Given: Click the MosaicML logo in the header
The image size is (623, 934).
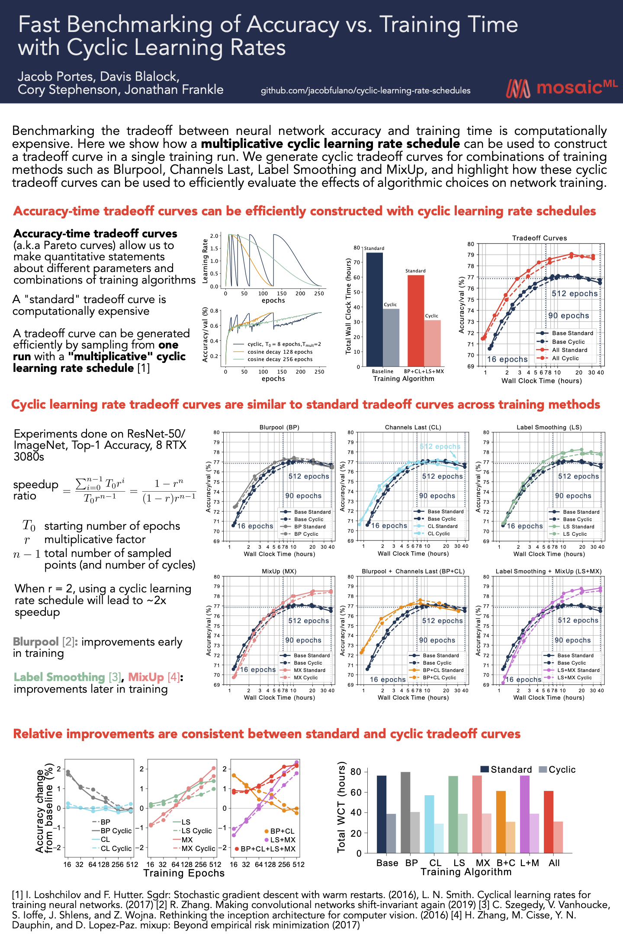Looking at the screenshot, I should click(561, 88).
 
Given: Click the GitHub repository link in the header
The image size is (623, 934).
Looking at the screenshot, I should click(365, 91).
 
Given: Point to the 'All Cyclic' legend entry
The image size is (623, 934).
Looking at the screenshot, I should click(565, 358).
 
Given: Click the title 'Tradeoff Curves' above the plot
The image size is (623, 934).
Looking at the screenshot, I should click(539, 238).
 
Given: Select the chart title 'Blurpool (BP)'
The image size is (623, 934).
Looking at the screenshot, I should click(279, 427).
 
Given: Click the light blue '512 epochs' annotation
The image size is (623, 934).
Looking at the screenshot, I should click(440, 446).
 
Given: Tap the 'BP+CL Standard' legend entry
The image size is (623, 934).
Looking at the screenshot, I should click(443, 670).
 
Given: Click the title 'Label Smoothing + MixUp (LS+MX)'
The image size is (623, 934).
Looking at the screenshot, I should click(548, 571).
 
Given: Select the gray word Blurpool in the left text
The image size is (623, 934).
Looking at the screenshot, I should click(36, 642).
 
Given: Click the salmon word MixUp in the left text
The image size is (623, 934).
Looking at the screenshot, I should click(146, 677).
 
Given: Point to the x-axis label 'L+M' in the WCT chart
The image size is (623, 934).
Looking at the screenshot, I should click(530, 863).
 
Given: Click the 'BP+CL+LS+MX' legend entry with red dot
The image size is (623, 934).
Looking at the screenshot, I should click(267, 849).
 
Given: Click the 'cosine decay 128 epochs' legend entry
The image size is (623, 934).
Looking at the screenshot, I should click(279, 352).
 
